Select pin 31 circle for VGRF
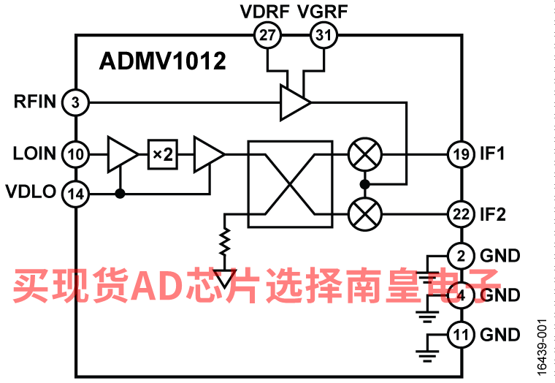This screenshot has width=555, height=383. [x=322, y=34]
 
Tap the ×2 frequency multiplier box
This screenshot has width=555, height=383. [x=162, y=154]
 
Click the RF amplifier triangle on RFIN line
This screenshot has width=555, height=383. [x=294, y=102]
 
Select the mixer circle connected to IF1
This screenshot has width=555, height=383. [x=361, y=154]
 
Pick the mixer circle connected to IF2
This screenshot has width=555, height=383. [x=361, y=214]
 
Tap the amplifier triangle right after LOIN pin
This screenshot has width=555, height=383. [x=121, y=154]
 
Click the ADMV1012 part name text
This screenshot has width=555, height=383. [x=162, y=61]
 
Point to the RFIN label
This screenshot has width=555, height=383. [x=35, y=102]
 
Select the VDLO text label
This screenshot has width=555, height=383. [x=31, y=193]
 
